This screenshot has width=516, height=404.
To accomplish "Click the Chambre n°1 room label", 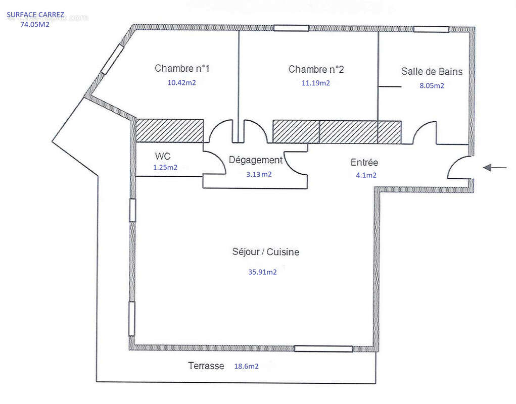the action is [182, 68].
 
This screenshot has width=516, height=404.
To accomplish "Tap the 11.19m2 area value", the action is [315, 83].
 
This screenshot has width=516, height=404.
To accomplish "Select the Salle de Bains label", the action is [432, 71].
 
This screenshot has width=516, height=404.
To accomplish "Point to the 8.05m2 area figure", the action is [432, 86].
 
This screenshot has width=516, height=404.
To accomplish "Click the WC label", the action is [163, 156].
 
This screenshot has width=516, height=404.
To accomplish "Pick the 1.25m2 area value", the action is [165, 167].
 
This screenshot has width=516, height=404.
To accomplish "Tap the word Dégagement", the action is [256, 160].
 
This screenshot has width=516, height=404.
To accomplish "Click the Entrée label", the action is [364, 162].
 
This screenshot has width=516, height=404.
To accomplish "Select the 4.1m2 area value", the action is [366, 175].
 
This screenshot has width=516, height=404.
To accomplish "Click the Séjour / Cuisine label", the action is [265, 252].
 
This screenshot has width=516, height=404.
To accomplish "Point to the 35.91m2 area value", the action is [262, 272].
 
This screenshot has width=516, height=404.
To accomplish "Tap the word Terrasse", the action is [206, 366].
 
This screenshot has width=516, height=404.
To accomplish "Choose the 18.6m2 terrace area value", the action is [246, 366].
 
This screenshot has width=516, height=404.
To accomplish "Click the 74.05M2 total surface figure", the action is [35, 24].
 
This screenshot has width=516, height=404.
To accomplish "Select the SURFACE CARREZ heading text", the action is [35, 15].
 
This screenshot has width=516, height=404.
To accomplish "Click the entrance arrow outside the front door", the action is [495, 168].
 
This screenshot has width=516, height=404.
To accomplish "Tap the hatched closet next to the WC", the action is [169, 130].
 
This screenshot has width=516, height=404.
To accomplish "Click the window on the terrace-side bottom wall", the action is [323, 349].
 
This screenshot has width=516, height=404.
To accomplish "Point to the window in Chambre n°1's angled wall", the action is [112, 59].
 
